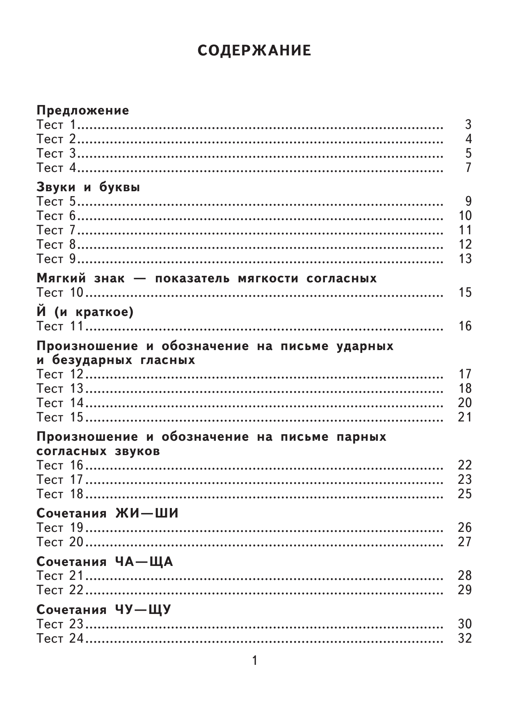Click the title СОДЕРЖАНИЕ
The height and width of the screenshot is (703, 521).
(254, 51)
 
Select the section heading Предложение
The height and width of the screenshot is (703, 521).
(83, 111)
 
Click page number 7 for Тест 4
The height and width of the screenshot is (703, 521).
(468, 168)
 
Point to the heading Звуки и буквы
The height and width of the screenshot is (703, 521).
(88, 188)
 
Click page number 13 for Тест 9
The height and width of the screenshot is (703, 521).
(465, 259)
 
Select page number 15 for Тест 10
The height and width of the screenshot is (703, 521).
(465, 293)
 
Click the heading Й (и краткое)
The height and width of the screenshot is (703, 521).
(85, 313)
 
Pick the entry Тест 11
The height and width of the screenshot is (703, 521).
(60, 327)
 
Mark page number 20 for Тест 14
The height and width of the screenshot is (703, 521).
(465, 403)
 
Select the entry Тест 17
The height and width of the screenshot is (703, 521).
(60, 480)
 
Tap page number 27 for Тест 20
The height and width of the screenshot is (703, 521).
(465, 542)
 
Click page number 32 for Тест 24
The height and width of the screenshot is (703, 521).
(465, 639)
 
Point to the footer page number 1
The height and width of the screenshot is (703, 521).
(255, 661)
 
